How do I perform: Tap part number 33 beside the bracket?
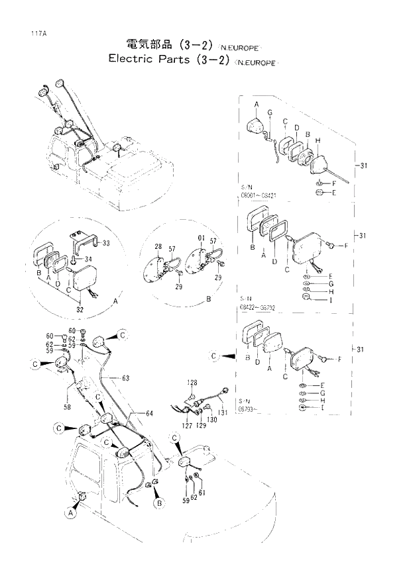click(x=106, y=244)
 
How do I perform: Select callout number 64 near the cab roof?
click(x=148, y=413)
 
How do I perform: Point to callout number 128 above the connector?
click(x=192, y=383)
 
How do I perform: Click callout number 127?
click(x=188, y=426)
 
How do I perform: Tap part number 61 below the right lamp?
click(x=202, y=492)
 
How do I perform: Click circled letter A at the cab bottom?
click(x=71, y=512)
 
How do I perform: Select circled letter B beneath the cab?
click(x=158, y=505)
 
